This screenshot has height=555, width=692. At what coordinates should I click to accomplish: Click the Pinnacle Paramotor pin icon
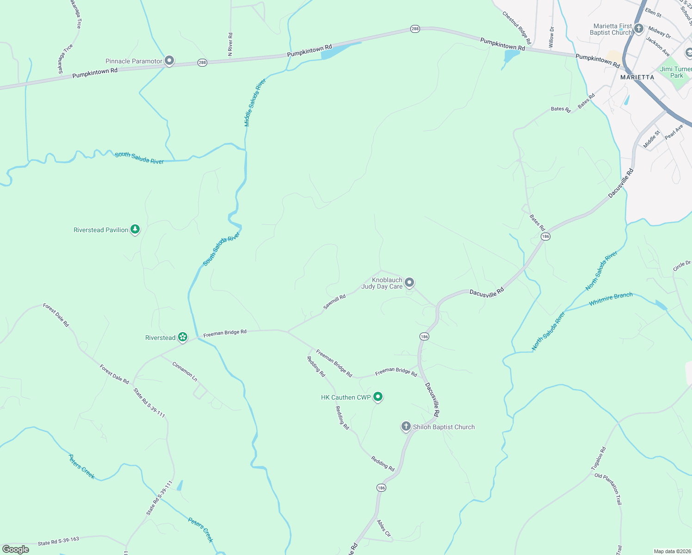tap(169, 61)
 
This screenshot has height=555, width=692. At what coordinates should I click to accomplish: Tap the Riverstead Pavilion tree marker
tap(135, 229)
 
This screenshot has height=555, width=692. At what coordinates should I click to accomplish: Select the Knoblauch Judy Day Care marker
tap(409, 282)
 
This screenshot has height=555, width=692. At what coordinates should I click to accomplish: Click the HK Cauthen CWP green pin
tap(378, 396)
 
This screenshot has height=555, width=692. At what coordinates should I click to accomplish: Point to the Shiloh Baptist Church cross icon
tap(406, 426)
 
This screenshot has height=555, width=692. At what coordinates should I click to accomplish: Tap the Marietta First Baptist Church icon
tap(638, 29)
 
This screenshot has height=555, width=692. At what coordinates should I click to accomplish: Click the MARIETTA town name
tap(637, 77)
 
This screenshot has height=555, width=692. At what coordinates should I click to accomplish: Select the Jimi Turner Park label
tap(676, 72)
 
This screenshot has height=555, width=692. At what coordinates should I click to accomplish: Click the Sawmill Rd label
tap(334, 302)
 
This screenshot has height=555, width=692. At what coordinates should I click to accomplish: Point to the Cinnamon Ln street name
tap(185, 371)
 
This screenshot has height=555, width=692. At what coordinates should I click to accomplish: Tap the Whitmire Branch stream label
tap(611, 299)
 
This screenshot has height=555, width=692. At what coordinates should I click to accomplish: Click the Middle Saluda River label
tap(255, 103)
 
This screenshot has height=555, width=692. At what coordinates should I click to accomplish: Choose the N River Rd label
tap(230, 44)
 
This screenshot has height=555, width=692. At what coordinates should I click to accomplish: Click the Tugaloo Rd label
tap(598, 458)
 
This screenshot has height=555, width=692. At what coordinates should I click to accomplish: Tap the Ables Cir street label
tap(384, 528)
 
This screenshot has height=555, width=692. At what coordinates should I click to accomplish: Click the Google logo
tap(16, 549)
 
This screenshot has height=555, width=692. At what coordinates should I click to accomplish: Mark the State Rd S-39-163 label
tap(58, 541)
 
